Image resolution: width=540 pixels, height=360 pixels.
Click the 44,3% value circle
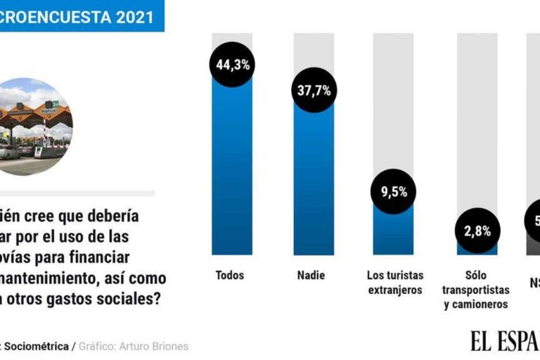[x=231, y=65]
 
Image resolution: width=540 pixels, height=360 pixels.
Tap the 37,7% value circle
[x=314, y=89]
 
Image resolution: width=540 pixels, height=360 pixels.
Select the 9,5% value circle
[x=394, y=192]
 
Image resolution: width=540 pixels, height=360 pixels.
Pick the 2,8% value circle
[x=477, y=230]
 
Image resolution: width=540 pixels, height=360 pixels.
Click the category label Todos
[x=230, y=275]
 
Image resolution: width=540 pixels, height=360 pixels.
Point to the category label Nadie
[x=311, y=275]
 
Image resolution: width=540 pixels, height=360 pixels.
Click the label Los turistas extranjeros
[x=394, y=282]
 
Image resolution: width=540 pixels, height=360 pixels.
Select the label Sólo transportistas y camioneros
[x=477, y=289]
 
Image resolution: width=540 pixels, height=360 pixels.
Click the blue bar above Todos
[x=231, y=169]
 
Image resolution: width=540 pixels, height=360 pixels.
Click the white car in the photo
[x=8, y=151]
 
